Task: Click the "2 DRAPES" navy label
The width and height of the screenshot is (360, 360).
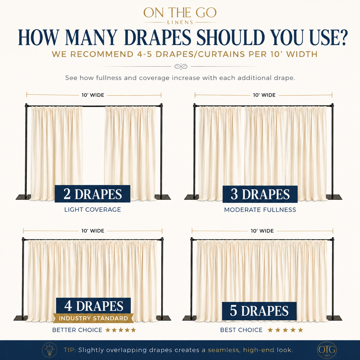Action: click(x=92, y=194)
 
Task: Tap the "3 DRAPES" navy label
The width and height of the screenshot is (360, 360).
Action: click(x=260, y=194)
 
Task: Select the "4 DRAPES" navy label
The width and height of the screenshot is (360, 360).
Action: click(x=93, y=306)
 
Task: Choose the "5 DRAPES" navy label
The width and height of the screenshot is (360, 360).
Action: click(x=259, y=311)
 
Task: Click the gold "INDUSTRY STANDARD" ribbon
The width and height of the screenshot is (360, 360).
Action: click(x=93, y=318)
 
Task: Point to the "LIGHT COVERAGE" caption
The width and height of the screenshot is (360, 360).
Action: click(x=93, y=210)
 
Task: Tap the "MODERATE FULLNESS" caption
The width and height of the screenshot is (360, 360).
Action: click(x=260, y=210)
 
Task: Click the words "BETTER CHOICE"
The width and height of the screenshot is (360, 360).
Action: click(x=77, y=330)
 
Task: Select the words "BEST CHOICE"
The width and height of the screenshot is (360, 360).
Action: click(x=241, y=330)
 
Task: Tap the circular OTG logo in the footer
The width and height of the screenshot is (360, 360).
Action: click(x=327, y=350)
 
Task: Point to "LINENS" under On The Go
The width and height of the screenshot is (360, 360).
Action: click(x=180, y=22)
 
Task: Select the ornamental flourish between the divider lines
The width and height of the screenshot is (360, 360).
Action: click(x=181, y=66)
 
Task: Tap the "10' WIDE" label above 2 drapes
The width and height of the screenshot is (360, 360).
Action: click(x=93, y=95)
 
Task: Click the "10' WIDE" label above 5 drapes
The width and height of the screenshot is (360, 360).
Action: click(x=262, y=231)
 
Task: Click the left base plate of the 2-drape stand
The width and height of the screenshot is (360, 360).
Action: click(x=23, y=197)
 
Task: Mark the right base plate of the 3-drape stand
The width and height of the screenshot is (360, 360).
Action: click(x=334, y=197)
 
